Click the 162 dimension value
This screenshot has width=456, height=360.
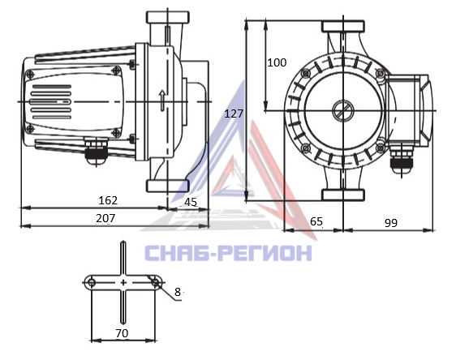(x=108, y=200)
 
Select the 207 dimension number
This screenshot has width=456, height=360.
(x=105, y=218)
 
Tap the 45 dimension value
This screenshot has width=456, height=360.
(x=191, y=202)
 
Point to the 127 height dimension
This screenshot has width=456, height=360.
(x=234, y=114)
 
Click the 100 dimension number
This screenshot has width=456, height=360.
(x=277, y=62)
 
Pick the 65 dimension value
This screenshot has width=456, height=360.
(x=316, y=221)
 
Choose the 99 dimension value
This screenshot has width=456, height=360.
(x=391, y=223)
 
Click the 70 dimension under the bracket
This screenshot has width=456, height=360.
(x=122, y=333)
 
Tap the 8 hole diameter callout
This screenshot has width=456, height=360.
(x=178, y=292)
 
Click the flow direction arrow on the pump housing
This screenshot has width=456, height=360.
(x=162, y=101)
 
